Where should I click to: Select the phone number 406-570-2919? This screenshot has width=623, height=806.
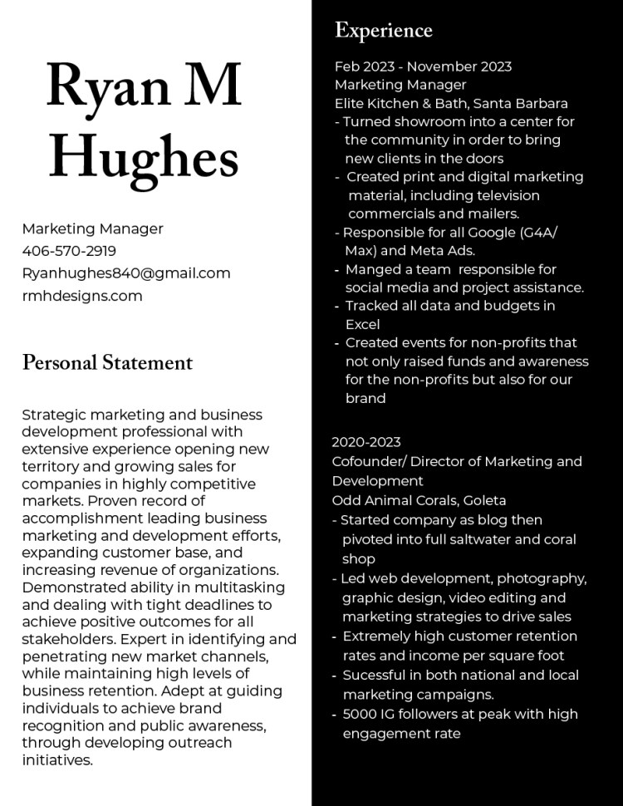[x=69, y=251]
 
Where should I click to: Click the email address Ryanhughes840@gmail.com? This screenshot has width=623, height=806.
[x=126, y=273]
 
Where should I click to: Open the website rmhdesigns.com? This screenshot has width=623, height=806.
[x=82, y=296]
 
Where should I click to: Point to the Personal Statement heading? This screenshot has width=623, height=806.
[x=107, y=362]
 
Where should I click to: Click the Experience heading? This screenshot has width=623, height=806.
[x=384, y=31]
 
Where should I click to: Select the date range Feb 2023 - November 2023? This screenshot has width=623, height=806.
[x=423, y=66]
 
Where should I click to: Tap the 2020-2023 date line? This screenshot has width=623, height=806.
[x=366, y=442]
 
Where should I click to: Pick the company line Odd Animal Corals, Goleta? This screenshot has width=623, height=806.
[x=419, y=500]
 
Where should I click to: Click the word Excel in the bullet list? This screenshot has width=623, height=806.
[x=362, y=324]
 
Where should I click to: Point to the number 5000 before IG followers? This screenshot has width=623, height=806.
[x=360, y=714]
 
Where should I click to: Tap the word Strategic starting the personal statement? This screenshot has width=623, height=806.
[x=54, y=415]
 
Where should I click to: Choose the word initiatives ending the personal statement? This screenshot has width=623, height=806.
[x=56, y=759]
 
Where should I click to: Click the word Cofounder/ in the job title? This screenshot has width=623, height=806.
[x=369, y=461]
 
